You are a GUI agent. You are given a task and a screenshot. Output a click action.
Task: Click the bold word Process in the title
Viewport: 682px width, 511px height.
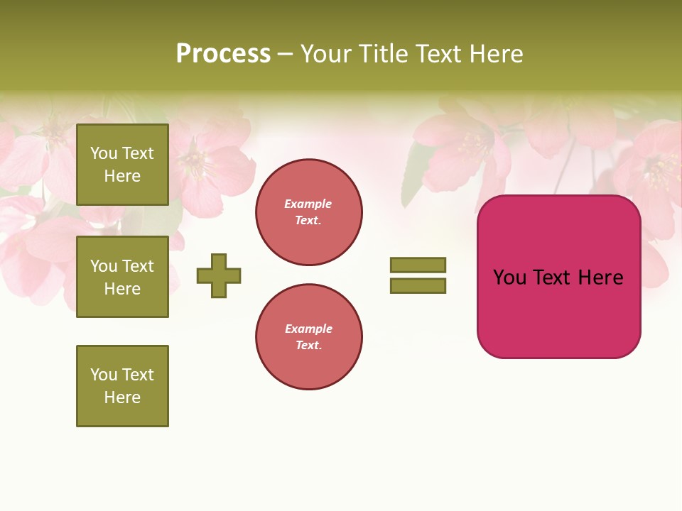point(223,54)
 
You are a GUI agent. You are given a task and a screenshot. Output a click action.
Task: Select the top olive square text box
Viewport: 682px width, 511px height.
point(122,165)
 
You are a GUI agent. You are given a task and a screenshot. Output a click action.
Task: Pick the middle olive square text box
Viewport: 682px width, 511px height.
point(122,277)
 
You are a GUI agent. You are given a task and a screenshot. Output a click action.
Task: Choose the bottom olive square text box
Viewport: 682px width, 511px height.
point(122,386)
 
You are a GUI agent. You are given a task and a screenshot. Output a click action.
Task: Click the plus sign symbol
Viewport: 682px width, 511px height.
point(219,275)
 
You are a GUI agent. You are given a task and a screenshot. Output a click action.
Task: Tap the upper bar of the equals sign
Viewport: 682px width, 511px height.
point(418,265)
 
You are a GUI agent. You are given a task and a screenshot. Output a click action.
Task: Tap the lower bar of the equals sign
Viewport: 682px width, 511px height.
point(418,285)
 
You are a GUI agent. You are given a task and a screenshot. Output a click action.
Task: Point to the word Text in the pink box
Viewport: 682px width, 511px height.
point(556,278)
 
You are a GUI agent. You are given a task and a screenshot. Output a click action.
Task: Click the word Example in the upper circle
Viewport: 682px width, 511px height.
point(308,204)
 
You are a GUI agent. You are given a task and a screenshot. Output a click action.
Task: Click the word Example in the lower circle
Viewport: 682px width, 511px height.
point(308,329)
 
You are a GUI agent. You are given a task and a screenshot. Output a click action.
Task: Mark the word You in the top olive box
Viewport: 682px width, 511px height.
point(104,153)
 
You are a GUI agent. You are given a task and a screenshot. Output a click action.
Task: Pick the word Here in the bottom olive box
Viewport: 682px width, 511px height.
point(122,397)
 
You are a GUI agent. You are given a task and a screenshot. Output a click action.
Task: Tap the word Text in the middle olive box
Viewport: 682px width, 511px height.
point(138,266)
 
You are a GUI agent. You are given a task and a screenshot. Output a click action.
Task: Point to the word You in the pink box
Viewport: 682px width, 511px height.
point(509,278)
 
